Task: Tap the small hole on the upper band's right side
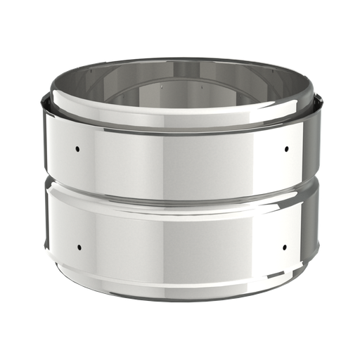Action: tap(287, 148)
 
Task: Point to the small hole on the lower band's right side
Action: tap(285, 247)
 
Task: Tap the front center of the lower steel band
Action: tap(180, 239)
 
